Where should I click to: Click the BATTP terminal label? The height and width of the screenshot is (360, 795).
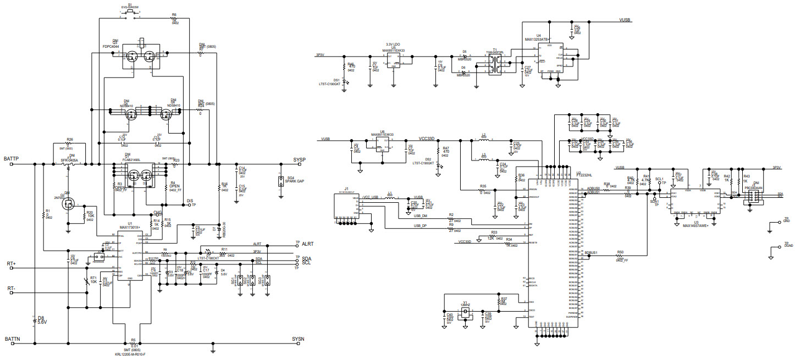[x=12, y=159]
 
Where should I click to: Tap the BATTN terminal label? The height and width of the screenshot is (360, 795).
[x=13, y=339]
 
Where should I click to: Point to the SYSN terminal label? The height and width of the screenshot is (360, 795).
[x=298, y=339]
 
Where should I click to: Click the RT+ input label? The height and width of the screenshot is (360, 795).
[x=11, y=264]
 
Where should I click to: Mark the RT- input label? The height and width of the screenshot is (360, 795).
[x=11, y=288]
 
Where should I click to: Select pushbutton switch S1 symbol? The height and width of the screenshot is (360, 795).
[x=130, y=17]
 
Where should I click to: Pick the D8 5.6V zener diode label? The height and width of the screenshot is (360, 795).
[x=42, y=319]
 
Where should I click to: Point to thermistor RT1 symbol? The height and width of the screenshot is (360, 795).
[x=87, y=281]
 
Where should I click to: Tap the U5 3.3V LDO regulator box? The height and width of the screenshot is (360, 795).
[x=394, y=61]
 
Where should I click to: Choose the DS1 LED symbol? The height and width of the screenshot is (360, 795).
[x=344, y=80]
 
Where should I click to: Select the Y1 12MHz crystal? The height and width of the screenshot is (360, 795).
[x=466, y=311]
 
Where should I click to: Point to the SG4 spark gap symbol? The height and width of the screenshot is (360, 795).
[x=282, y=181]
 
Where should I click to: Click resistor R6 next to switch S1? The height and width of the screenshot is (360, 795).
[x=174, y=20]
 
